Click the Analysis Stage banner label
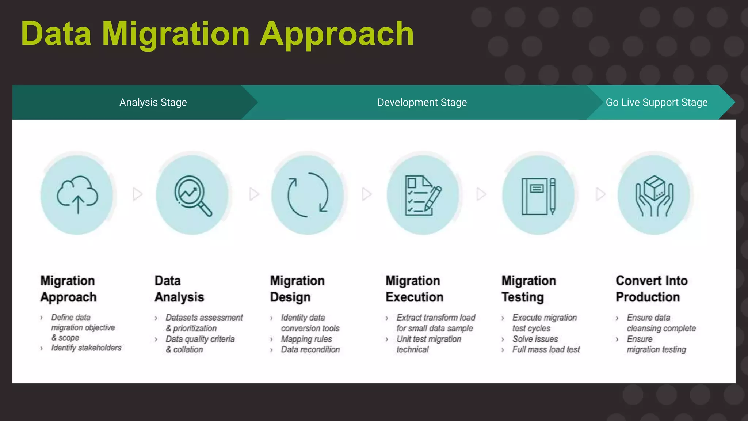pos(153,102)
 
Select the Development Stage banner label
pos(422,102)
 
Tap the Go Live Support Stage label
pos(656,102)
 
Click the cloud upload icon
pos(77,194)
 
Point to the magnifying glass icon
pos(192,195)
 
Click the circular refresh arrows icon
pos(308,194)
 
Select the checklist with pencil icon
pos(423,195)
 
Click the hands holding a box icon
pos(654,195)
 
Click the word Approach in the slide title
pos(336,34)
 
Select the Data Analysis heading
pos(179,289)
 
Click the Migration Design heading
pos(297,289)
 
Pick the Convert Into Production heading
pos(651,289)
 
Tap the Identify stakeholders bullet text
pos(86,348)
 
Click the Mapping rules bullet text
pos(306,339)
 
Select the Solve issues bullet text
pos(535,339)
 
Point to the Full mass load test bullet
pos(546,350)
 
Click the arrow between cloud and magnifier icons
pos(137,194)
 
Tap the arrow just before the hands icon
pos(600,194)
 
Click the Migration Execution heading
pos(414,289)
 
